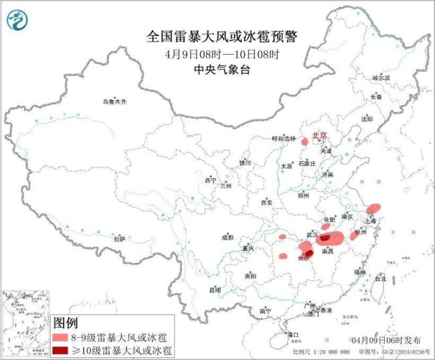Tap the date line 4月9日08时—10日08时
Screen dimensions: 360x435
[222, 54]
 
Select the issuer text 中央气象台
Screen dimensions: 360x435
[222, 69]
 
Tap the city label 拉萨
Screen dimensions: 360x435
[119, 238]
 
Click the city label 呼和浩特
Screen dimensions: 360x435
[282, 139]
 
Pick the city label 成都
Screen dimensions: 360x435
[227, 237]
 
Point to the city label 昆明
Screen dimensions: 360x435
[214, 289]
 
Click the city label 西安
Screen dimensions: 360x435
[268, 202]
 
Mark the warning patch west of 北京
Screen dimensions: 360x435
[304, 141]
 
